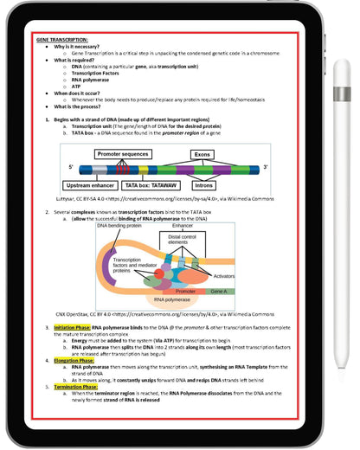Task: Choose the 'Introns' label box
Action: click(204, 185)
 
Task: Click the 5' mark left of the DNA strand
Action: click(71, 166)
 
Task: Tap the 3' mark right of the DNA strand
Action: click(264, 166)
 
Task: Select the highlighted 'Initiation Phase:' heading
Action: click(70, 329)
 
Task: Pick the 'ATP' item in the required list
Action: click(77, 85)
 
